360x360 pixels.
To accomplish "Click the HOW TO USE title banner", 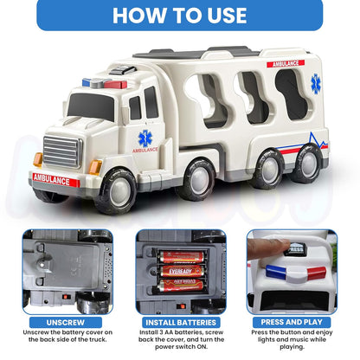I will pos(180,16).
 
